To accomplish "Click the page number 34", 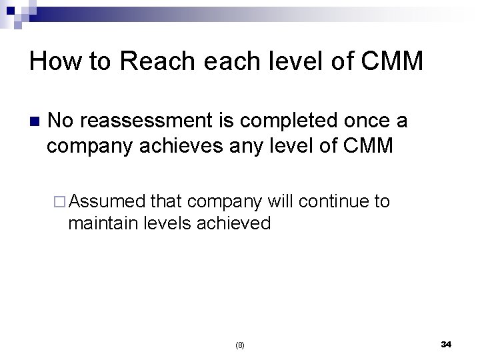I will click(x=446, y=344).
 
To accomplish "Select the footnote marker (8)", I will click(x=240, y=345).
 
